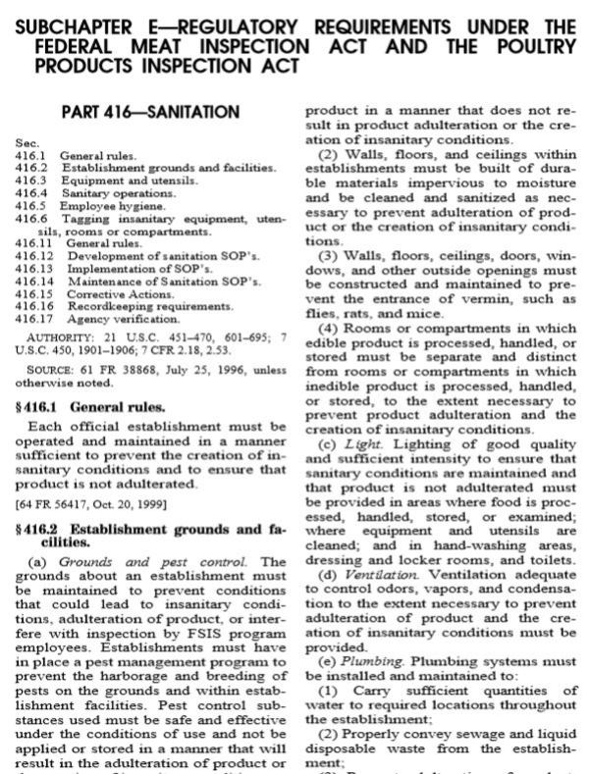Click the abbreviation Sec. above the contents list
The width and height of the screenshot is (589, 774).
tap(27, 143)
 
